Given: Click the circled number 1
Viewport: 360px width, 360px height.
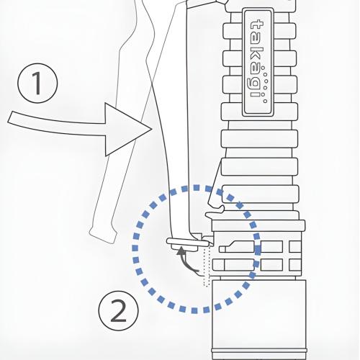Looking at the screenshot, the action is tap(37, 83).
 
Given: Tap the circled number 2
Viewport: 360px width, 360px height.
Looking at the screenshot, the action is tap(118, 310).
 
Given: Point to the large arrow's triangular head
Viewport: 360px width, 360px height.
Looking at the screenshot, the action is tap(128, 130).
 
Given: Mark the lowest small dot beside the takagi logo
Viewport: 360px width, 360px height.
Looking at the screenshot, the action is tap(265, 101).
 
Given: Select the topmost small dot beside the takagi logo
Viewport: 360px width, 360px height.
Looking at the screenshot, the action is tap(263, 68).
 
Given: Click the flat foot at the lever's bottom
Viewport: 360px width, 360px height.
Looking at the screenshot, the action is tap(189, 243).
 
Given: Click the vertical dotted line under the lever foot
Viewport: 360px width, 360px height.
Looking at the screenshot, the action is tap(207, 266).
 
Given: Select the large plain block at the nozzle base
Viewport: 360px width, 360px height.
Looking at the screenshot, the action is tap(259, 314).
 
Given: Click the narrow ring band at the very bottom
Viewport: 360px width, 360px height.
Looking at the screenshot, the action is tap(259, 351).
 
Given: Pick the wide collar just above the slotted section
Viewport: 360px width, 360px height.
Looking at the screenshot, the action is tap(258, 225).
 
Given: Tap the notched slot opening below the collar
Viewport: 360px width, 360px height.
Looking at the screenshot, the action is tap(236, 247).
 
